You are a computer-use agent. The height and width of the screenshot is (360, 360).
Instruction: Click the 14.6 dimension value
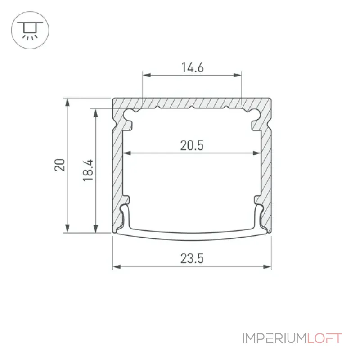[x=193, y=67]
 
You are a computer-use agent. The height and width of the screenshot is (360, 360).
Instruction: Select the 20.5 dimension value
[x=192, y=145]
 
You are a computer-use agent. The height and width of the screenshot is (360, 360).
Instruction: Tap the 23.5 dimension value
[x=192, y=258]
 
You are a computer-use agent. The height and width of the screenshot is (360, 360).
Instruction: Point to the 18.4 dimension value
[x=88, y=171]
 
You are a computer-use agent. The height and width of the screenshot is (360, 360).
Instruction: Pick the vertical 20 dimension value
[x=60, y=165]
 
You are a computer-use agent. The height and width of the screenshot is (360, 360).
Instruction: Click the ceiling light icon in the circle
[x=30, y=31]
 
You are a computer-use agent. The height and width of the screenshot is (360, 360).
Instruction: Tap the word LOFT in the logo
[x=324, y=338]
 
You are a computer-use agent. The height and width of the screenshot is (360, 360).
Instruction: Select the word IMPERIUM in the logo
[x=275, y=338]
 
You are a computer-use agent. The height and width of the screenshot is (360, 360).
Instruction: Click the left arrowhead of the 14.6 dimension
[x=147, y=75]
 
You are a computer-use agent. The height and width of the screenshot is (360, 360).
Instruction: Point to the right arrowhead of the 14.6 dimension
[x=238, y=75]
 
